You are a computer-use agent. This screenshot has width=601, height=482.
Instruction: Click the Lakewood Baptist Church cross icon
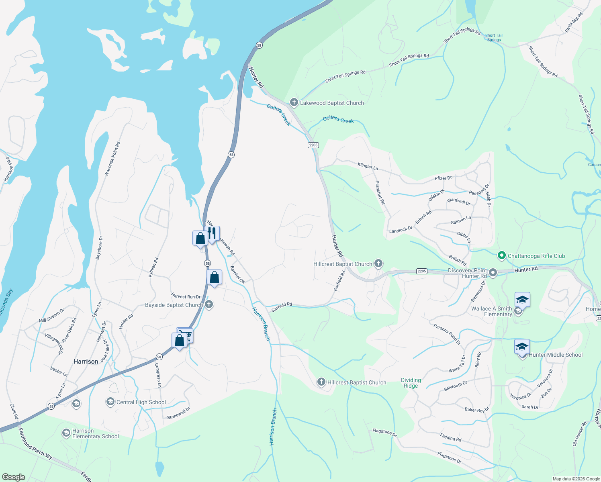294,102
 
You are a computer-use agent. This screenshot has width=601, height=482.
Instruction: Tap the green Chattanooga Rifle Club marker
501,255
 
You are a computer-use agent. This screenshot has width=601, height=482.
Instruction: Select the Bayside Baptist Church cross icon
209,304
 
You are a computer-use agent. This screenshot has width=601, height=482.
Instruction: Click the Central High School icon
110,402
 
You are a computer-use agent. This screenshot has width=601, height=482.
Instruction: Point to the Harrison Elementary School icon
66,433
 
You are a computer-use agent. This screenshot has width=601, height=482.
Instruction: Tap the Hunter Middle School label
555,355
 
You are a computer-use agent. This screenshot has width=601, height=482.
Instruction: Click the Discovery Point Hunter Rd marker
493,273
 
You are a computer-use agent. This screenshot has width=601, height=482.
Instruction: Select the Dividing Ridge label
411,383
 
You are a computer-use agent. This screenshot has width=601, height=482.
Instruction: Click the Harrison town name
86,361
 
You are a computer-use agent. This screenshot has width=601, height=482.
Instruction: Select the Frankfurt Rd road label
380,193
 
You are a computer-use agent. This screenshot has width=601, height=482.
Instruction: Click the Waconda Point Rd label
112,159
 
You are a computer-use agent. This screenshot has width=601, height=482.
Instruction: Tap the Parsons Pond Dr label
447,334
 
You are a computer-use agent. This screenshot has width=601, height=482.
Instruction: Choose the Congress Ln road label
158,375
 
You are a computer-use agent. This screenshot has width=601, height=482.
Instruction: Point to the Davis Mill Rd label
574,22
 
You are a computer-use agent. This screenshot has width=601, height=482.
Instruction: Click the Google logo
14,477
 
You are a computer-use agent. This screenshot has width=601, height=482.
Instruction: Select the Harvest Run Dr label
186,296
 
